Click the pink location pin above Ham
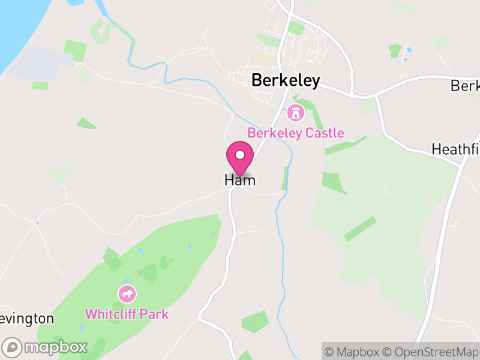[240, 158]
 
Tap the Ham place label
[240, 180]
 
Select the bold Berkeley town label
[286, 81]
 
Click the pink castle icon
[295, 112]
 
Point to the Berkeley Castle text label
[296, 133]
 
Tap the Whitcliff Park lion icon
[127, 294]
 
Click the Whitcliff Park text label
[127, 314]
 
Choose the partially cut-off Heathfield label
[456, 148]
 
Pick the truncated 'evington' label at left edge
[27, 318]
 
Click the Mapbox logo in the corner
[46, 347]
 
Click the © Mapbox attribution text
[354, 352]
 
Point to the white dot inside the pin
[240, 155]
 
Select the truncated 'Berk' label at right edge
[465, 86]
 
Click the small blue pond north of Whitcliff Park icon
[127, 280]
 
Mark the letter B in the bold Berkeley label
[257, 81]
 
